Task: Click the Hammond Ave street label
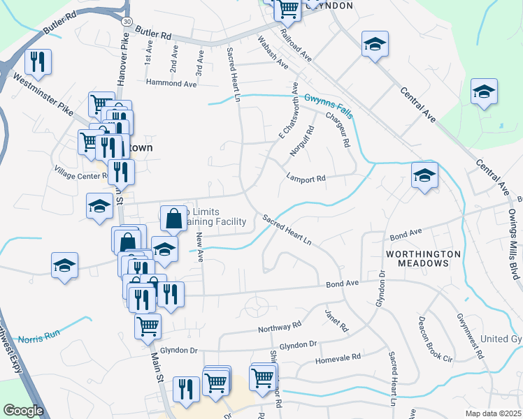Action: [171, 82]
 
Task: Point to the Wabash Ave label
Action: [273, 52]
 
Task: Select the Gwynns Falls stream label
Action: [329, 105]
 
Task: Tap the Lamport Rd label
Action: [306, 179]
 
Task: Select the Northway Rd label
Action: [278, 326]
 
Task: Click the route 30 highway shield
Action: [126, 22]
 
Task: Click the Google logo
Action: [23, 411]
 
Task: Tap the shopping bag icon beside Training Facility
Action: [174, 219]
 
